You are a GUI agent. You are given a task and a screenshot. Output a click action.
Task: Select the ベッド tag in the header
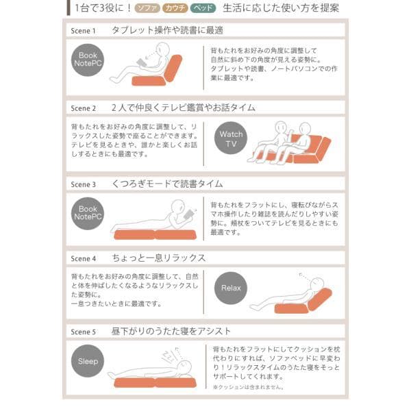(x=203, y=8)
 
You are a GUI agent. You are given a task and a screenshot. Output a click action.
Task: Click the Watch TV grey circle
(x=230, y=139)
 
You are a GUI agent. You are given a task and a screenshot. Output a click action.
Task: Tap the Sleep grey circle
(x=87, y=362)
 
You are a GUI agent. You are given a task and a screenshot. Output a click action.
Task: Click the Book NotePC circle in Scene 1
(x=87, y=60)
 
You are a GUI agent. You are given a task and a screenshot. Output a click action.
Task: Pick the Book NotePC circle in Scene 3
(x=87, y=213)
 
